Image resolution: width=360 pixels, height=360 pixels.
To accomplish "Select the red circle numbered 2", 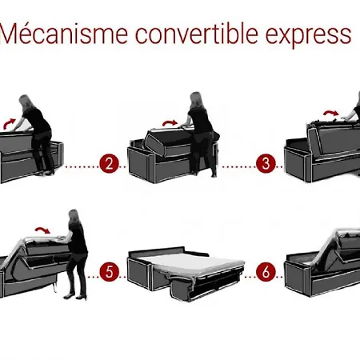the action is point(109,163).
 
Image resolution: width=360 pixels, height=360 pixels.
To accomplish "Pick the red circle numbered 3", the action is point(266,163).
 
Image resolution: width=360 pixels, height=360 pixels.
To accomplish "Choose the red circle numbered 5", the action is point(110,272).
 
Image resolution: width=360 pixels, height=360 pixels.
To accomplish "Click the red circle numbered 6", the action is point(266,272).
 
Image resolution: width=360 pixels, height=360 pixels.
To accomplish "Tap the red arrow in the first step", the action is point(10,123).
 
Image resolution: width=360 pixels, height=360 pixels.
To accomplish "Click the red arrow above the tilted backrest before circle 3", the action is point(170,123).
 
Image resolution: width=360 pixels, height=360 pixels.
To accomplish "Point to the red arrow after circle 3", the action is point(331,114).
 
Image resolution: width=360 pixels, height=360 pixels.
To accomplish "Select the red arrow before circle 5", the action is point(42,230).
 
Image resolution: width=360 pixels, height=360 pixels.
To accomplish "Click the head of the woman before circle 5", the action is point(74,216).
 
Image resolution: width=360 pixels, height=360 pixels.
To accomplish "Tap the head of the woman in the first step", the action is point(25,102).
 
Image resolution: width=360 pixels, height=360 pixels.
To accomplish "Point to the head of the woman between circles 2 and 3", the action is point(197,99).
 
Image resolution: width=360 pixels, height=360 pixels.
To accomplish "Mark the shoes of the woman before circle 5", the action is point(75,297).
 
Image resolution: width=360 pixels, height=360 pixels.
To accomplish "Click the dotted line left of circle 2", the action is point(82,167).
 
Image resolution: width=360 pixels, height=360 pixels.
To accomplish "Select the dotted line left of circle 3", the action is point(238,167).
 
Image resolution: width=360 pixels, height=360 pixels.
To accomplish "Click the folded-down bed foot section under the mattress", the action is point(202,288).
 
